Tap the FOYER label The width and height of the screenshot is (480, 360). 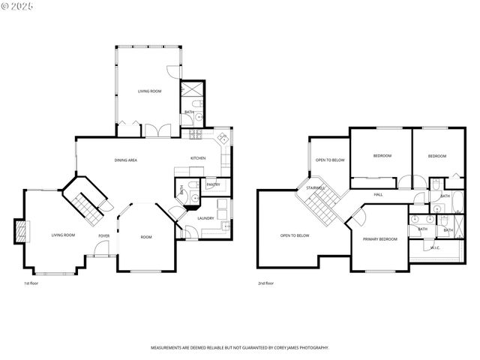click(104, 235)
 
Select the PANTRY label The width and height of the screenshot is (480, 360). click(213, 184)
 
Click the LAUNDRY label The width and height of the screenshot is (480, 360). click(205, 218)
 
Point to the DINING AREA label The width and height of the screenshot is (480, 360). click(125, 160)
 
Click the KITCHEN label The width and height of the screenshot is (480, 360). click(198, 158)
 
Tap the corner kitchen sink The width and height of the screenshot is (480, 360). click(223, 139)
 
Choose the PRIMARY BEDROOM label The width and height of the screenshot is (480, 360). click(379, 239)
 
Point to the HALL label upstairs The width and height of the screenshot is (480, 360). click(379, 194)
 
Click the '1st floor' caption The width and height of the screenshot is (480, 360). click(31, 283)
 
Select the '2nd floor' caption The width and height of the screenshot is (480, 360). click(265, 283)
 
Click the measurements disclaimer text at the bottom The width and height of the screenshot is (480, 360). click(239, 349)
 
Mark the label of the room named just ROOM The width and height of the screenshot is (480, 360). click(146, 237)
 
